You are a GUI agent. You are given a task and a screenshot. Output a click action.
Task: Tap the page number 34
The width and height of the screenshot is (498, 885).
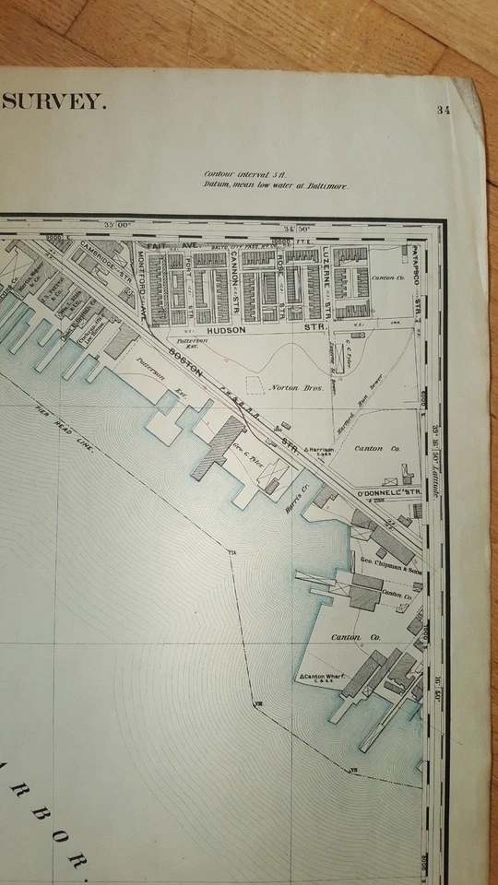[x=444, y=111]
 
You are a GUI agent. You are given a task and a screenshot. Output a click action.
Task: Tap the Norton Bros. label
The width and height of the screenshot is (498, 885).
[x=292, y=388]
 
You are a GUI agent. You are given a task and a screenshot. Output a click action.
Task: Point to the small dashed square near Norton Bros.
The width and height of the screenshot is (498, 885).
[x=255, y=385]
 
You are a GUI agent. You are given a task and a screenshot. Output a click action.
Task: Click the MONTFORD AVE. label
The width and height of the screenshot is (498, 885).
[x=142, y=277]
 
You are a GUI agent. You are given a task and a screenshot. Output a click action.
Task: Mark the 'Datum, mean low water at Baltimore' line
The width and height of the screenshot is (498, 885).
[x=276, y=185]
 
